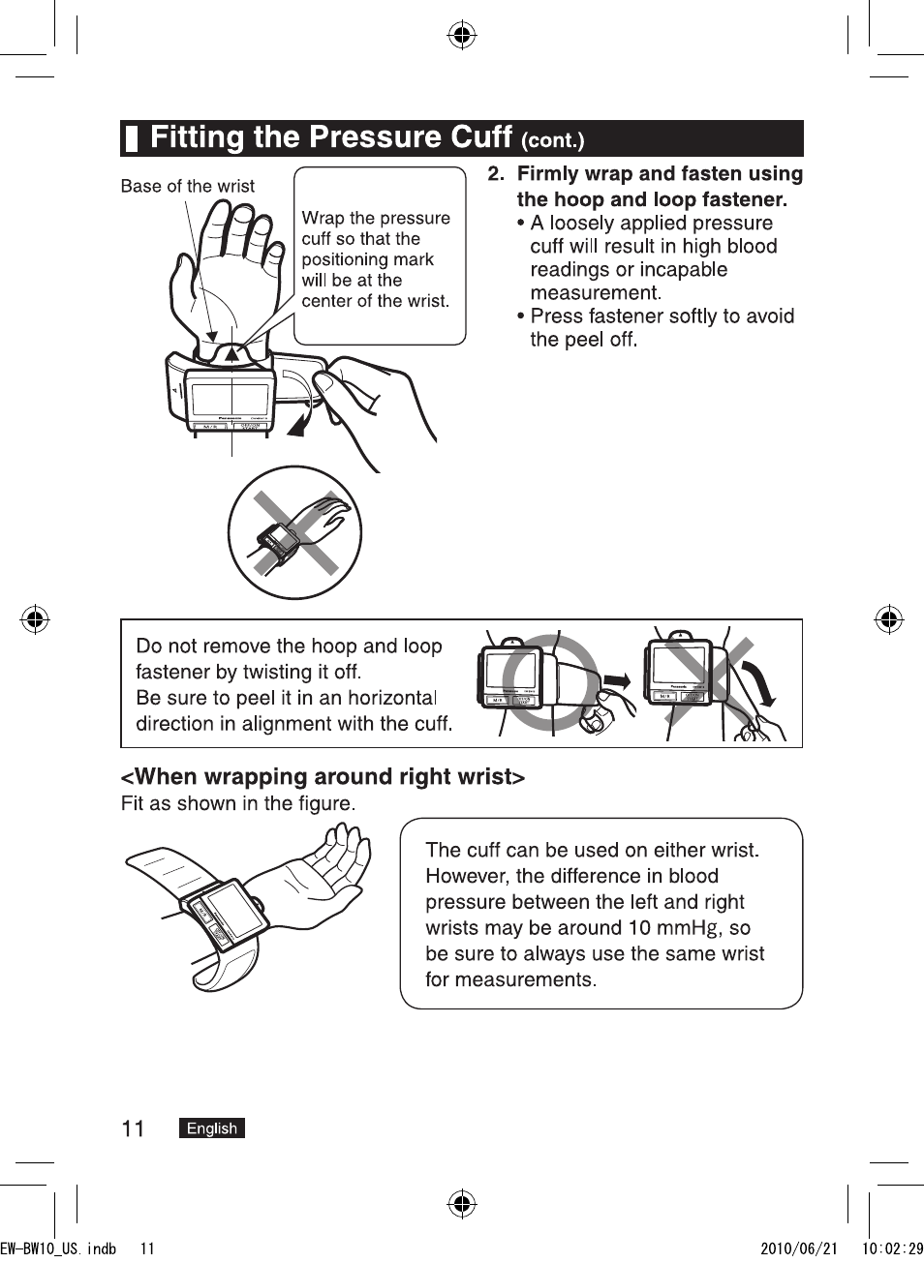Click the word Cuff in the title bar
pyautogui.click(x=468, y=137)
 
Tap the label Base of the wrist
pyautogui.click(x=187, y=186)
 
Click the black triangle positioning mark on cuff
pyautogui.click(x=231, y=354)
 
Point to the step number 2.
pyautogui.click(x=495, y=174)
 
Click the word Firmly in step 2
pyautogui.click(x=549, y=174)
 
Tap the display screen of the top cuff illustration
pyautogui.click(x=230, y=398)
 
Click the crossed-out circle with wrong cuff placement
pyautogui.click(x=294, y=532)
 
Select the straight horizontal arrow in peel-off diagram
pyautogui.click(x=616, y=682)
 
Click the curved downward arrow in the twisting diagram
pyautogui.click(x=761, y=683)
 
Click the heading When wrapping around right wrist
pyautogui.click(x=323, y=777)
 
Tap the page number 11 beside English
pyautogui.click(x=133, y=1128)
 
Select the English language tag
pyautogui.click(x=212, y=1128)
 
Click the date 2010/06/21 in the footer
pyautogui.click(x=799, y=1248)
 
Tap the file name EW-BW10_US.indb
pyautogui.click(x=58, y=1248)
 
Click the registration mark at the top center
pyautogui.click(x=462, y=37)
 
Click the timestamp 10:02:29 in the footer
pyautogui.click(x=892, y=1248)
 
